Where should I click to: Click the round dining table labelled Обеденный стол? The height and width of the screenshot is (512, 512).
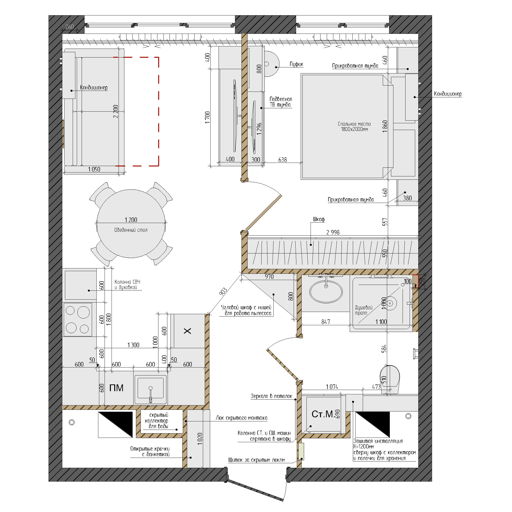coord(131,224)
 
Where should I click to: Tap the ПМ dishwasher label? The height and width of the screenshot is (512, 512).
coord(116,388)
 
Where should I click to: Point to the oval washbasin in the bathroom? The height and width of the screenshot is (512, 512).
coord(326,292)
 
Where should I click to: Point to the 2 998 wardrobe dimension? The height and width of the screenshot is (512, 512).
coord(333,232)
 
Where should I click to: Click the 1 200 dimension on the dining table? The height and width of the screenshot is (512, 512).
coord(131,220)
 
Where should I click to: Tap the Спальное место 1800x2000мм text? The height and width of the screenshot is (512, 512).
coord(354,126)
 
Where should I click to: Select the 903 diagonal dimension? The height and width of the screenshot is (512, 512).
coord(223,291)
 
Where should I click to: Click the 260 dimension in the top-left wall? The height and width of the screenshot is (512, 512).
coord(69,27)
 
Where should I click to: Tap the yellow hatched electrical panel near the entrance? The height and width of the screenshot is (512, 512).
coord(301,451)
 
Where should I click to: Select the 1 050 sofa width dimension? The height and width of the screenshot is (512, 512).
coord(94,169)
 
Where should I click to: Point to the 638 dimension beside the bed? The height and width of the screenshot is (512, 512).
coord(283,160)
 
